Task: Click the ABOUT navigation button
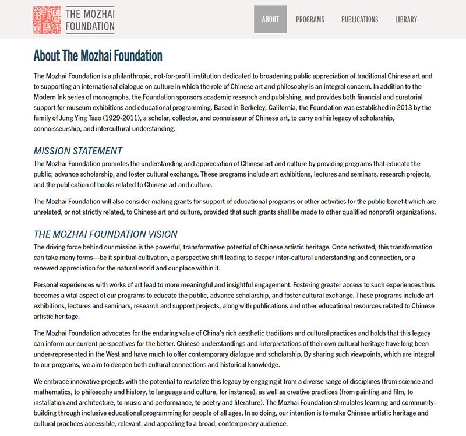pos(270,19)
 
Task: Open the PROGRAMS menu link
pos(310,19)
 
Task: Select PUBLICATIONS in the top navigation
pos(359,19)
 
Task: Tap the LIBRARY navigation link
pos(406,19)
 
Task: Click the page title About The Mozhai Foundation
pos(98,56)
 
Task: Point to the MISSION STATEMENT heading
pos(78,151)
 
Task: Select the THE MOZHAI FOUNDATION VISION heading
pos(105,234)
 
